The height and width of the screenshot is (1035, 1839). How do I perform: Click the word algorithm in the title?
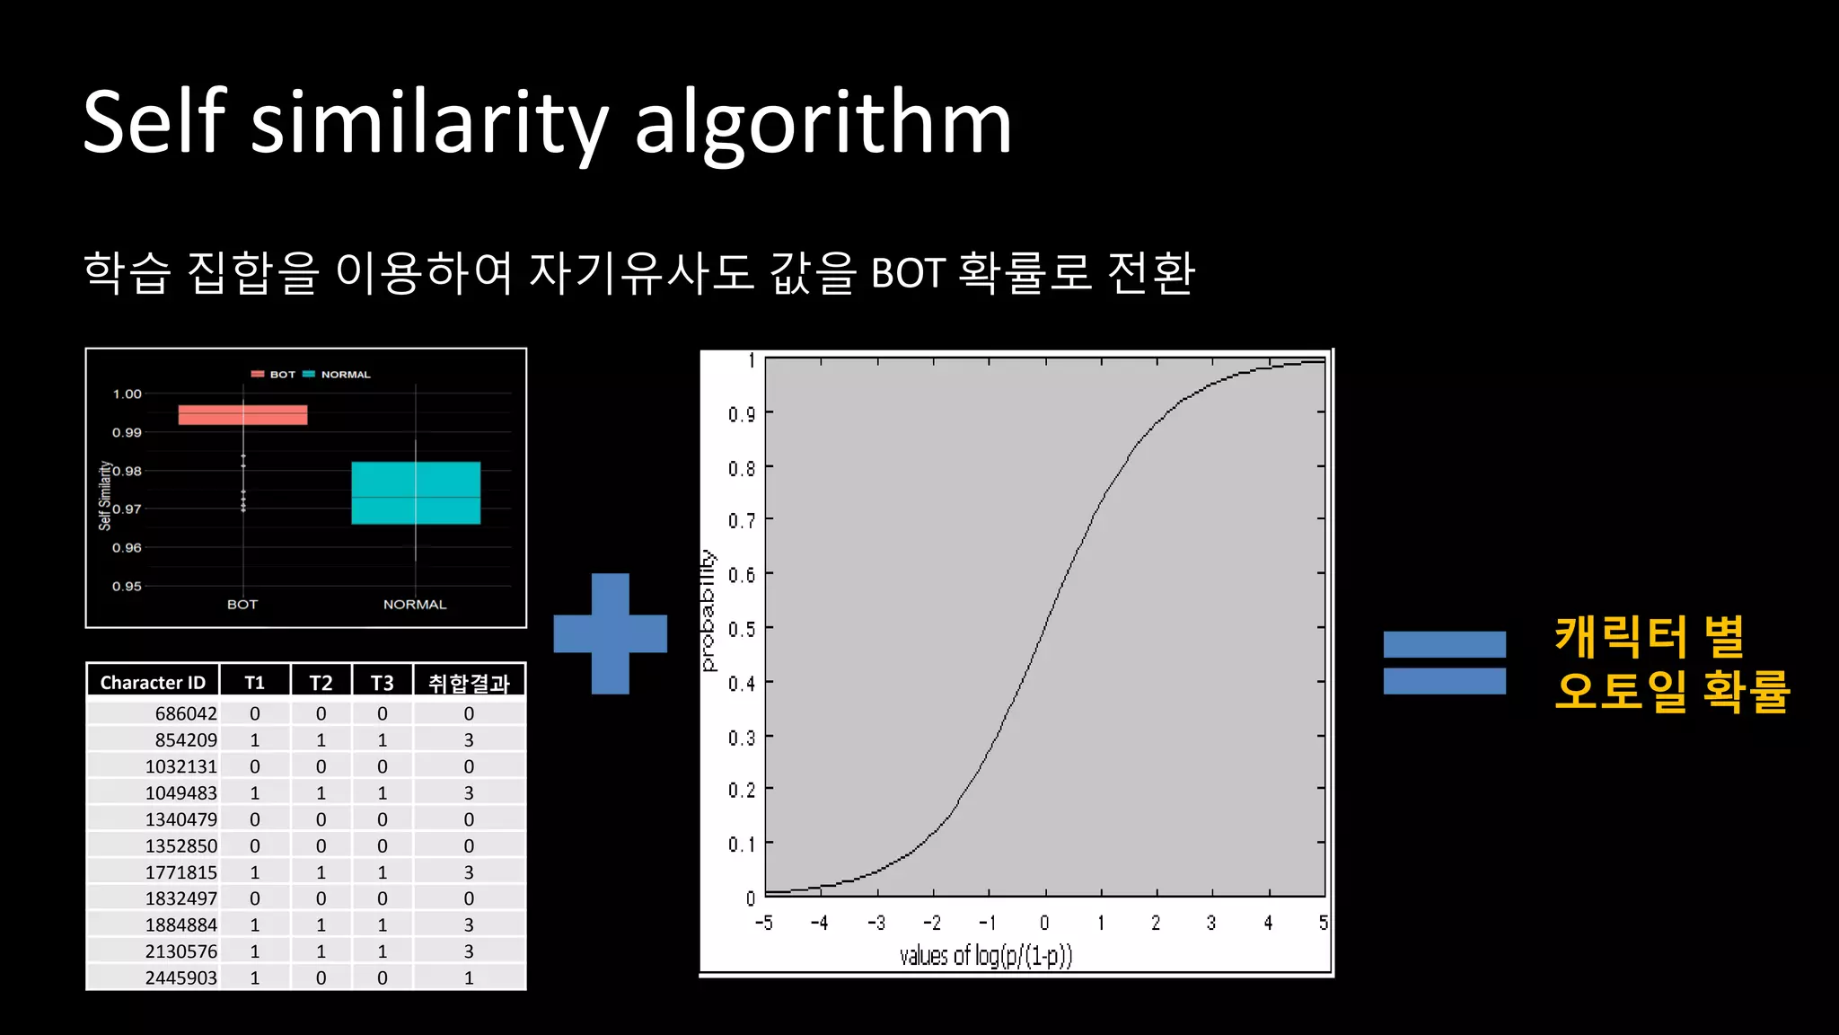(x=823, y=124)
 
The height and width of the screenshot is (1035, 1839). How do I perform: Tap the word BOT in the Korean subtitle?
(x=908, y=273)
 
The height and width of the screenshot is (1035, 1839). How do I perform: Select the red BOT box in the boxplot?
(x=242, y=414)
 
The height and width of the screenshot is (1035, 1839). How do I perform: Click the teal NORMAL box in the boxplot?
(x=415, y=492)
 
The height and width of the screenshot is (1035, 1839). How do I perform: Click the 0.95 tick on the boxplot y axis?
(x=127, y=586)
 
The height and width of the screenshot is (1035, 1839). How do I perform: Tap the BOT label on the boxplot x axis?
(x=242, y=605)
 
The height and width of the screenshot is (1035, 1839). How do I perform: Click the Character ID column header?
(x=153, y=682)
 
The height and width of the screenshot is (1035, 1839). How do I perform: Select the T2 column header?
(x=321, y=682)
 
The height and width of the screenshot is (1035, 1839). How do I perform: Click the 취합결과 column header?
(x=469, y=683)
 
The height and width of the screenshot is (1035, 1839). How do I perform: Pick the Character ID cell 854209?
(x=186, y=739)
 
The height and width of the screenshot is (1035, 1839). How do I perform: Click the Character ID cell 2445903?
(x=180, y=977)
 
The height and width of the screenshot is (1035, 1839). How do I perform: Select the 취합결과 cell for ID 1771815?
(x=469, y=871)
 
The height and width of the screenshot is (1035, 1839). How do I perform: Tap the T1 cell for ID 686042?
(x=255, y=713)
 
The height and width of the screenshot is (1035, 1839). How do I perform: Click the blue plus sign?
(x=610, y=633)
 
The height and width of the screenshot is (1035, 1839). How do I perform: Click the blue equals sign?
(x=1444, y=662)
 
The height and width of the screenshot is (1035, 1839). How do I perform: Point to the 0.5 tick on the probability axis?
(x=742, y=629)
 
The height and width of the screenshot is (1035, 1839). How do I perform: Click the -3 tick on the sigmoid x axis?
(x=876, y=923)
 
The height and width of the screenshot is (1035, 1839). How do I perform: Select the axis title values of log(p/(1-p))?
(x=986, y=955)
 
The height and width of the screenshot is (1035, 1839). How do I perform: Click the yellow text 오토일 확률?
(x=1673, y=691)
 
